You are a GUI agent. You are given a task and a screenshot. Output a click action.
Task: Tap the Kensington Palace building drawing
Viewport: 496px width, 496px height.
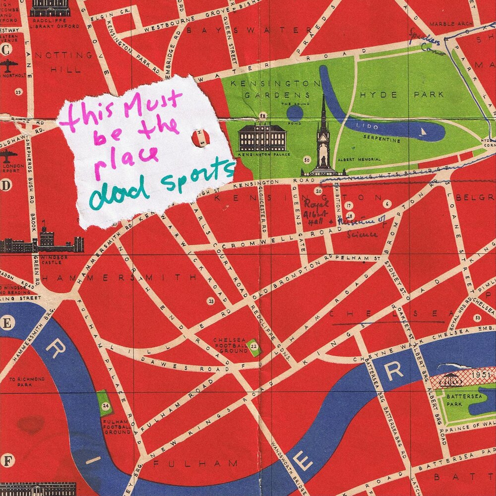click(x=262, y=137)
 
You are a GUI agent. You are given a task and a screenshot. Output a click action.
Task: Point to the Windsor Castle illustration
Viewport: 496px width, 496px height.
click(x=47, y=240)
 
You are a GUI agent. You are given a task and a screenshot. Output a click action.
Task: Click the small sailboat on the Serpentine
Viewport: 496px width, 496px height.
click(x=423, y=132)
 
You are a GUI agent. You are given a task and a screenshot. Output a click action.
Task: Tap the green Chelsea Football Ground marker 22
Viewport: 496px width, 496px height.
click(x=254, y=346)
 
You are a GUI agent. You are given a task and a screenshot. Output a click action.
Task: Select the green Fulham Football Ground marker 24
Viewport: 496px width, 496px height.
click(x=105, y=404)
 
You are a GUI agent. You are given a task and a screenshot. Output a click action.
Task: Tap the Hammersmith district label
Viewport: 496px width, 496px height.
click(x=119, y=278)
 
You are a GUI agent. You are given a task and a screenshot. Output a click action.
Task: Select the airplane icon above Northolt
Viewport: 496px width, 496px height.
click(x=8, y=65)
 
